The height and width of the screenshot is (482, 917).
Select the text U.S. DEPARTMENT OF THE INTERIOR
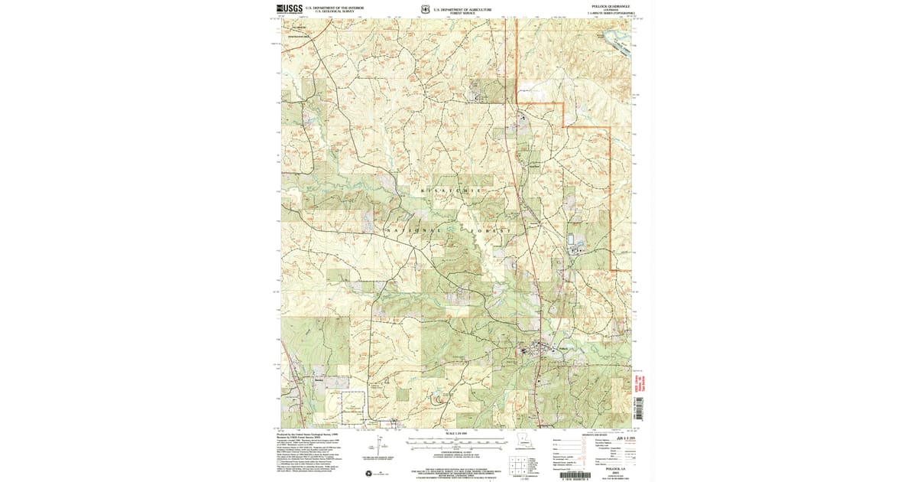pyautogui.click(x=334, y=7)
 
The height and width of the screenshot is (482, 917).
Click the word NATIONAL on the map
pyautogui.click(x=413, y=230)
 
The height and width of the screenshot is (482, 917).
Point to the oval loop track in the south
pyautogui.click(x=439, y=399)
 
